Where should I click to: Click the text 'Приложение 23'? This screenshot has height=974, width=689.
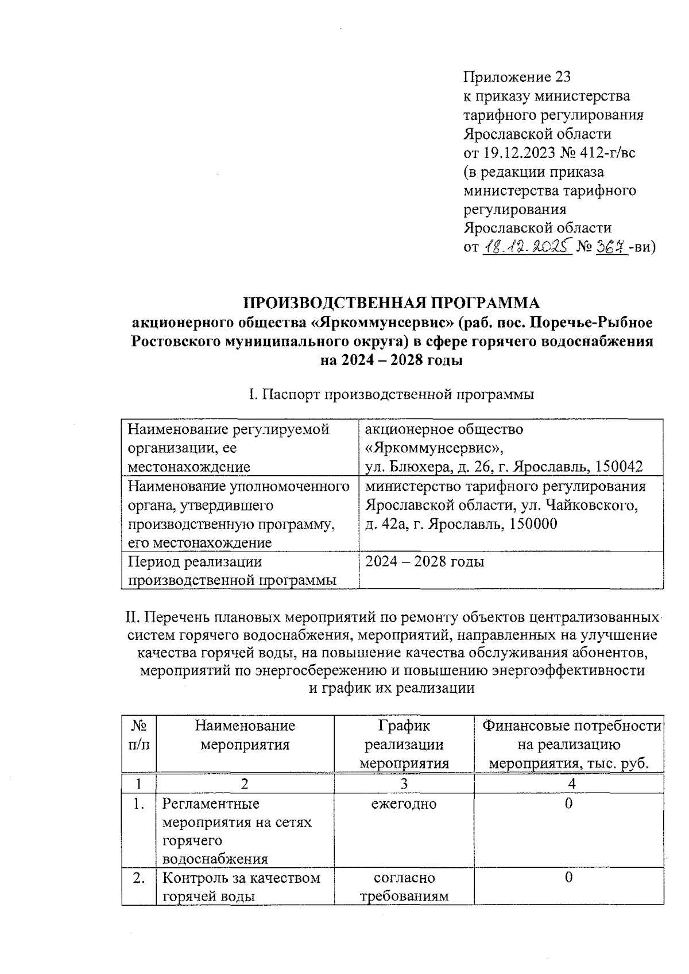click(517, 77)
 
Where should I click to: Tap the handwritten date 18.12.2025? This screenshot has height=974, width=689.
click(527, 247)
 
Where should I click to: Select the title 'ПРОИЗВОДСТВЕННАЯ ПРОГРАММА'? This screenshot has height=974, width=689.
click(392, 303)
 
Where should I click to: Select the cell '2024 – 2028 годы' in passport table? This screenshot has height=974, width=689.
click(425, 561)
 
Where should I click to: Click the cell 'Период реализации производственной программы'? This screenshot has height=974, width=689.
click(232, 571)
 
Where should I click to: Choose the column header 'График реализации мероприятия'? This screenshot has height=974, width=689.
click(404, 745)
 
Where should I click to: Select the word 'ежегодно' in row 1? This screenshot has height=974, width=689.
click(404, 804)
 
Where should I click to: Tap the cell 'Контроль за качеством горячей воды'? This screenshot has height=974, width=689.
click(241, 887)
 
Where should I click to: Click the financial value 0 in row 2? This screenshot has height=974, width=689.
click(568, 878)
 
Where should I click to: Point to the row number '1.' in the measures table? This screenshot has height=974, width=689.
click(138, 804)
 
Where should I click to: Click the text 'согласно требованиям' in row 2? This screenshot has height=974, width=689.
click(404, 887)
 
